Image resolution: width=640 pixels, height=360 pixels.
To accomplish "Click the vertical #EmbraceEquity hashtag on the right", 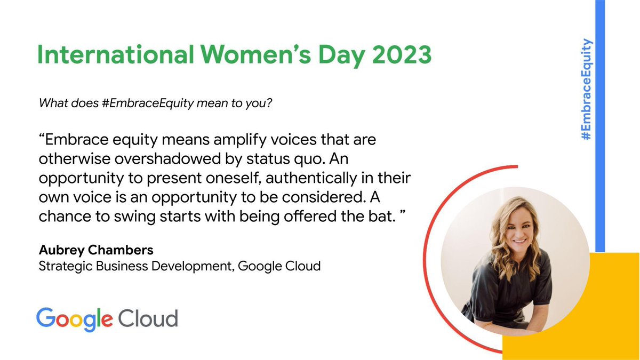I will coord(587,89).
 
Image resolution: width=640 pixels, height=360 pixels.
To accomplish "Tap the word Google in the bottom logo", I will coord(74,319).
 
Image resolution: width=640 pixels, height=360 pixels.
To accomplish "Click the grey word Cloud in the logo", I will coord(148,319).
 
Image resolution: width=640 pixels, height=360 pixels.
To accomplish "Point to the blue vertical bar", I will coord(599,160).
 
